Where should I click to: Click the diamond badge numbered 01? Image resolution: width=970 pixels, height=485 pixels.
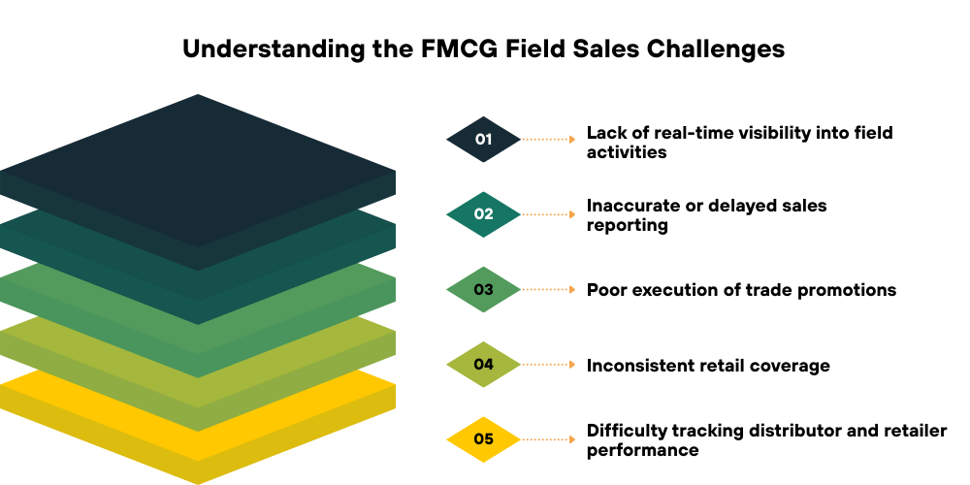(483, 139)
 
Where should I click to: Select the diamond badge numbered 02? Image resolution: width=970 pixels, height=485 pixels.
(483, 214)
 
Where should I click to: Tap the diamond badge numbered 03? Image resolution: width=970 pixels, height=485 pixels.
(483, 289)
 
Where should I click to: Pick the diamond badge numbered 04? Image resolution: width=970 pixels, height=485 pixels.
(483, 365)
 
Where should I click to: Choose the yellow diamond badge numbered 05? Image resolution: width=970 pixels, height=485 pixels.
(483, 439)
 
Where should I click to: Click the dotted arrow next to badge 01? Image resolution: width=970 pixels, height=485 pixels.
(550, 139)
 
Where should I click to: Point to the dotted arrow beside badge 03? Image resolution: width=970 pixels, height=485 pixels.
(550, 289)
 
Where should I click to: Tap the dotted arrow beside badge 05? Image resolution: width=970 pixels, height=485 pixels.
(550, 439)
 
